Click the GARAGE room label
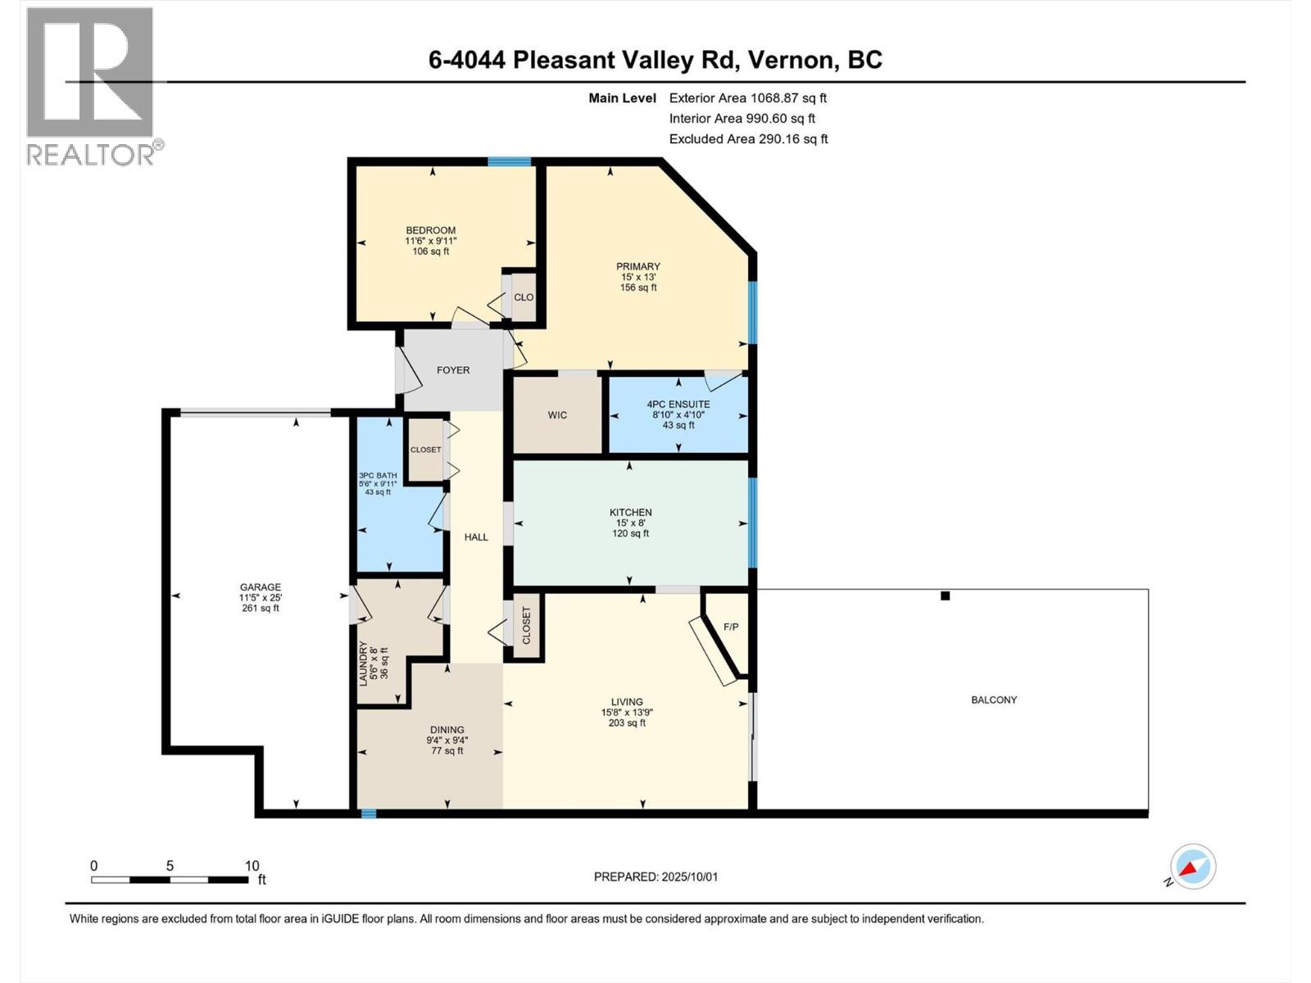point(260,587)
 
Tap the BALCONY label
point(994,700)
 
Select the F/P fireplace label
point(731,627)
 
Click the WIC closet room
point(557,415)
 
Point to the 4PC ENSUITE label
point(678,404)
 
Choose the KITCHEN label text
point(631,513)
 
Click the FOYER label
point(453,370)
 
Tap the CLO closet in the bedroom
point(524,297)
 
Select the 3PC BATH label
point(378,475)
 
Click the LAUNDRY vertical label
point(364,663)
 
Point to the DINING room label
point(447,730)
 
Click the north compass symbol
point(1192,867)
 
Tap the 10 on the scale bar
point(252,866)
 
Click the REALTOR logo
point(91,86)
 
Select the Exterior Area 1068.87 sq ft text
point(747,97)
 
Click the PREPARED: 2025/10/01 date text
point(655,877)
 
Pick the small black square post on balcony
point(945,596)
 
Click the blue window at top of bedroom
point(509,161)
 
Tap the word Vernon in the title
point(786,60)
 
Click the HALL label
point(476,537)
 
